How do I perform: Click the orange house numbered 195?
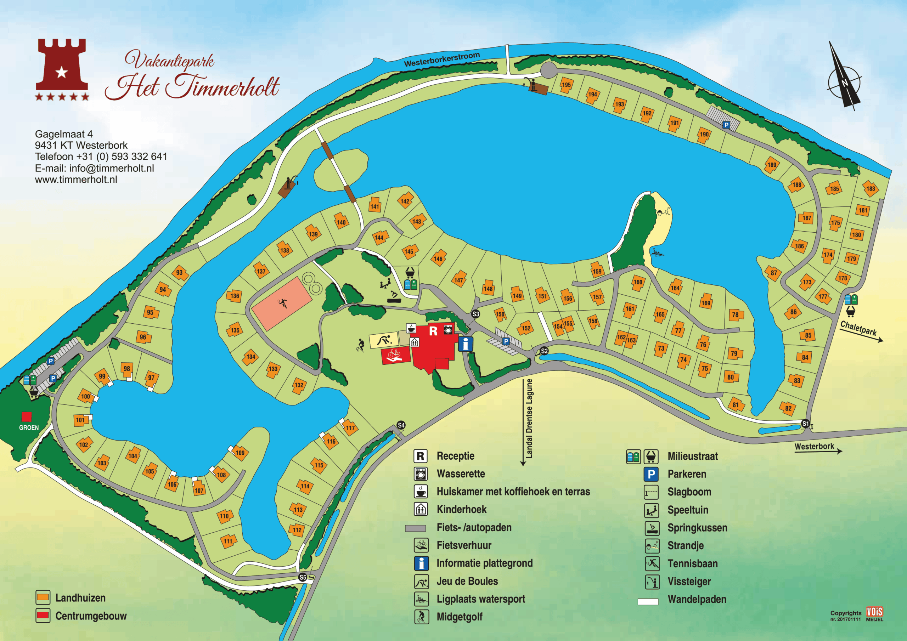click(566, 85)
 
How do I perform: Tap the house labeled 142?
click(405, 201)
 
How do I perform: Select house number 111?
click(228, 541)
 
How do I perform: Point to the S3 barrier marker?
click(475, 314)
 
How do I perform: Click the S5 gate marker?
click(303, 577)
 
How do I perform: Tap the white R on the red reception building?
click(433, 331)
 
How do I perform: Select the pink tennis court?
click(282, 303)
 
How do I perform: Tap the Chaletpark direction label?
click(858, 329)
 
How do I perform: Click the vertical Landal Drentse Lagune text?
click(529, 419)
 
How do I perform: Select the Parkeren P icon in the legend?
click(651, 474)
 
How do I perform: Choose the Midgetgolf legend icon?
click(421, 617)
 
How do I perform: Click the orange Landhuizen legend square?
click(43, 597)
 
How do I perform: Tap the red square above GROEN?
click(27, 417)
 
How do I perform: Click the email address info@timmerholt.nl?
click(111, 168)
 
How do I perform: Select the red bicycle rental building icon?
click(395, 356)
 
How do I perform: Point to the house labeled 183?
click(871, 188)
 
